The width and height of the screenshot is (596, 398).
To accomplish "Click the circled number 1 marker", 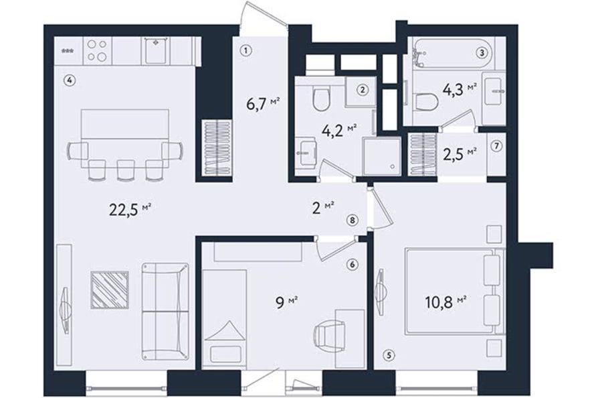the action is [246, 50].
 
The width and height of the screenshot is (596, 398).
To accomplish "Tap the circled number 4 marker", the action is [69, 80].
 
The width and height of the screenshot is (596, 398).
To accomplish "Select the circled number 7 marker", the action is [496, 146].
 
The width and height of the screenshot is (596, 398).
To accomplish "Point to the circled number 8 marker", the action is [353, 220].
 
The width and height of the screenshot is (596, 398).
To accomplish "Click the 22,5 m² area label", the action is [130, 209].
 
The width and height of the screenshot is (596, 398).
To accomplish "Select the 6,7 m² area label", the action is [264, 104].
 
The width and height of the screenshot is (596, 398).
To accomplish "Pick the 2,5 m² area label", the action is [460, 154].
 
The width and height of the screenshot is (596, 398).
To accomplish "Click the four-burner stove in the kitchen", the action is [97, 51].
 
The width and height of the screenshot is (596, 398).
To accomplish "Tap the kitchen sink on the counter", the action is [156, 51].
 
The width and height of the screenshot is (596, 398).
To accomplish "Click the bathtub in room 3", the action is [452, 54].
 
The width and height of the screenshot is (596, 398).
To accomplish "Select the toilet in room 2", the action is [321, 97].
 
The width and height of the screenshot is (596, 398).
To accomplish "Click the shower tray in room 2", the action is [381, 156].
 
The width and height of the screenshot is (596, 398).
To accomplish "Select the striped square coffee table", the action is [110, 289].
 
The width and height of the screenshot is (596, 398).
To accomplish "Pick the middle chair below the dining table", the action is [126, 169].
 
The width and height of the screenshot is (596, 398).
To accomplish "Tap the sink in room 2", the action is [307, 152].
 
